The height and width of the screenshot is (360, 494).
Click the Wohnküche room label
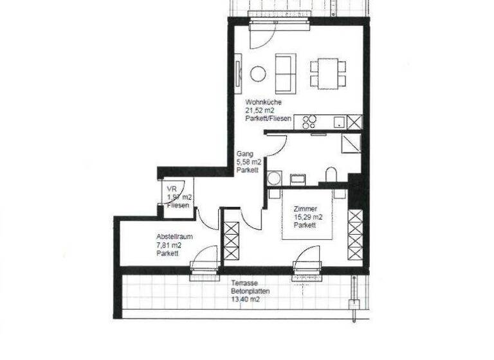click(x=262, y=102)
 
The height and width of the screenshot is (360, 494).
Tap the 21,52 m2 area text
click(x=260, y=111)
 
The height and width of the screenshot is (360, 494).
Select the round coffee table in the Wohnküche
click(x=258, y=74)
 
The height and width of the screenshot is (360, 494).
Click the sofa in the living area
click(x=286, y=72)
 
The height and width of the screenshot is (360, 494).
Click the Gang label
click(x=243, y=154)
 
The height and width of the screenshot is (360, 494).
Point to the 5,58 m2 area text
click(x=248, y=163)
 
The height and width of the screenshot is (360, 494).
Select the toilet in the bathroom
click(x=331, y=175)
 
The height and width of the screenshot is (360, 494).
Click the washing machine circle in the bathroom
click(x=274, y=178)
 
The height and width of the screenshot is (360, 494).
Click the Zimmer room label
click(x=304, y=209)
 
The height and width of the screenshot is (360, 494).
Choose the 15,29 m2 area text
click(x=307, y=217)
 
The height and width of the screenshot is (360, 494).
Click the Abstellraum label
click(x=174, y=237)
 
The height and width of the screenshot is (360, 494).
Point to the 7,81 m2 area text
click(x=169, y=245)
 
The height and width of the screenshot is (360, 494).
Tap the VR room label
click(x=172, y=188)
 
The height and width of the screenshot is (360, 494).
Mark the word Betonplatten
click(x=250, y=291)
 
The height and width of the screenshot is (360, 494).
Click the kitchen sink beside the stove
click(x=337, y=122)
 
